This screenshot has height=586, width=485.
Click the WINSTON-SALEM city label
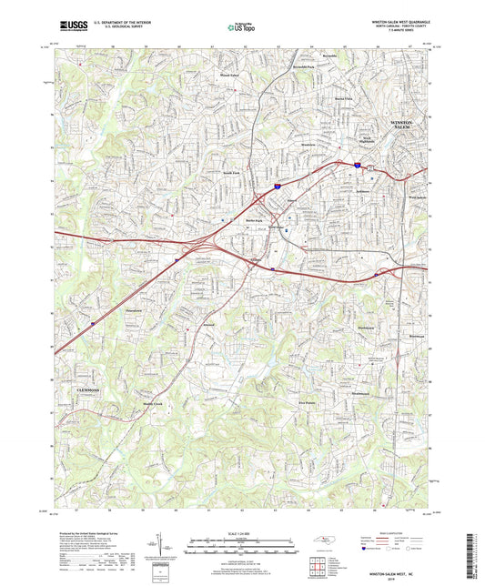tap(402, 124)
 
